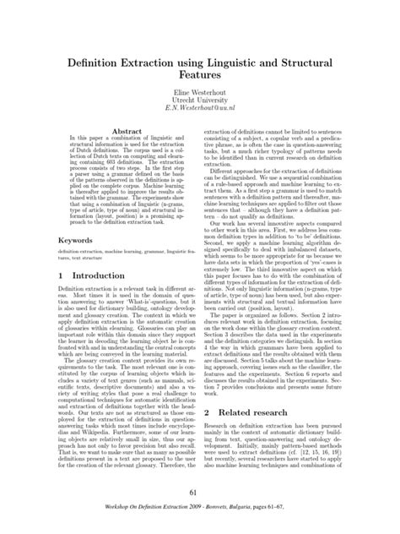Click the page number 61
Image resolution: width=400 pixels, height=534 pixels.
(200, 494)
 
